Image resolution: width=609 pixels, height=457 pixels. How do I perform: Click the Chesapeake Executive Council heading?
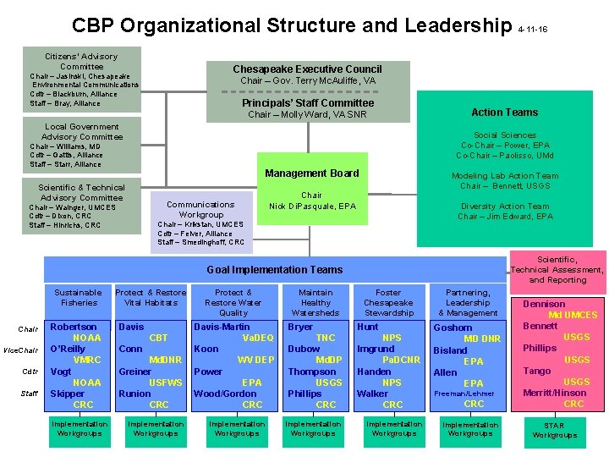(307, 69)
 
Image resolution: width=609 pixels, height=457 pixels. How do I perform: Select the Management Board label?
(311, 173)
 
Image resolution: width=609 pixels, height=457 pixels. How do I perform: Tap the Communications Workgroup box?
(200, 209)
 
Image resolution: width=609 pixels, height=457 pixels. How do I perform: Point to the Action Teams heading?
(504, 112)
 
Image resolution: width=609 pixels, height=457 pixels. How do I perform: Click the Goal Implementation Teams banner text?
(275, 270)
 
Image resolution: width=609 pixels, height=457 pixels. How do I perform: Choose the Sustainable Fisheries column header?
(79, 297)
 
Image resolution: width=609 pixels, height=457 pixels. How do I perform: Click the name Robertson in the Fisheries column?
(74, 327)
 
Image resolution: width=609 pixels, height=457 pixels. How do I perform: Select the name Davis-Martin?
(222, 327)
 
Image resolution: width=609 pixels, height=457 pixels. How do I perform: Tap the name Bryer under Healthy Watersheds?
(300, 327)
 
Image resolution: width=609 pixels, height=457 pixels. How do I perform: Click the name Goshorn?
(453, 328)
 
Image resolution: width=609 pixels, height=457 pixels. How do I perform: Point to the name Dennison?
(544, 304)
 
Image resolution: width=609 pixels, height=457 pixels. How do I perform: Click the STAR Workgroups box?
(554, 430)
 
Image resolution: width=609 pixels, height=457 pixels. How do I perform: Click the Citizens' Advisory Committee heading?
(81, 61)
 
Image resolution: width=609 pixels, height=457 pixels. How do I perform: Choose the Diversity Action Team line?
(504, 206)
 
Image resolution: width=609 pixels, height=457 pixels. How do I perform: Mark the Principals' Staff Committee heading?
(307, 103)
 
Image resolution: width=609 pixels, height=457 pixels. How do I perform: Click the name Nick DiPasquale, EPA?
(312, 206)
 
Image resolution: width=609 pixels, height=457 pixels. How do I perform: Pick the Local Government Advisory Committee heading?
(81, 131)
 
